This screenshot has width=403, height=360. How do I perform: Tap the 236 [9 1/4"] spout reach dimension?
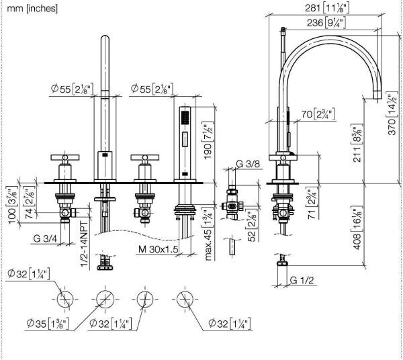point(322,23)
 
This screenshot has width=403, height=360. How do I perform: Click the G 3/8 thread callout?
point(249,163)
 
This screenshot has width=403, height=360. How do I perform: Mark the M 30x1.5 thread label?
point(159,249)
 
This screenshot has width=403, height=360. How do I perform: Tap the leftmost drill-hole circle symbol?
point(64,298)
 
